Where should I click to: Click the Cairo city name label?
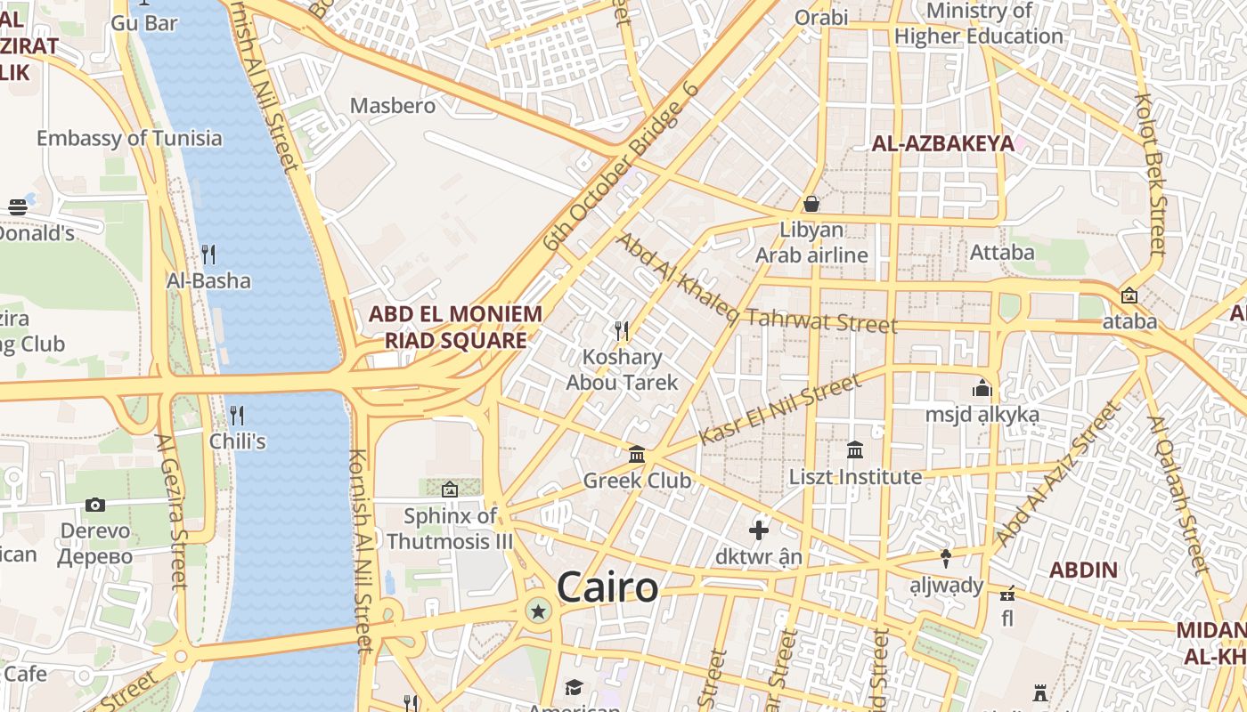pos(607,588)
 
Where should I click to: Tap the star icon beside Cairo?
pos(538,611)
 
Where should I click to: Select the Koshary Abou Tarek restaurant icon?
pos(622,331)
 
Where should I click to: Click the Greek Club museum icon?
pos(637,455)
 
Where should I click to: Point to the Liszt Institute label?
pos(855,477)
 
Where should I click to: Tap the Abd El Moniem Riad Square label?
pos(455,327)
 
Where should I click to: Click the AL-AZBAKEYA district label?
pos(942,143)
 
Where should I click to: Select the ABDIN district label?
pos(1083,570)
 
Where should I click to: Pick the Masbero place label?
pos(393,106)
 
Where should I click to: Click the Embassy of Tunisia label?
pos(129,138)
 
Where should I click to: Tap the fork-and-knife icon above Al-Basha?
pos(208,255)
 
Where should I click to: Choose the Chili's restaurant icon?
pos(237,415)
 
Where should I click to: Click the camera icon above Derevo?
pos(95,505)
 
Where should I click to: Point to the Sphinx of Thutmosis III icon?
pos(450,489)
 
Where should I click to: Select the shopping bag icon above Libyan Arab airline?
pos(811,204)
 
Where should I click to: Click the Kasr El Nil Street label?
pos(780,409)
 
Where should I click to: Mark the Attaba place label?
pos(1002,253)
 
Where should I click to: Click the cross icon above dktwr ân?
pos(759,530)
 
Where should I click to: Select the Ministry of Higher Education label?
pos(979,24)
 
